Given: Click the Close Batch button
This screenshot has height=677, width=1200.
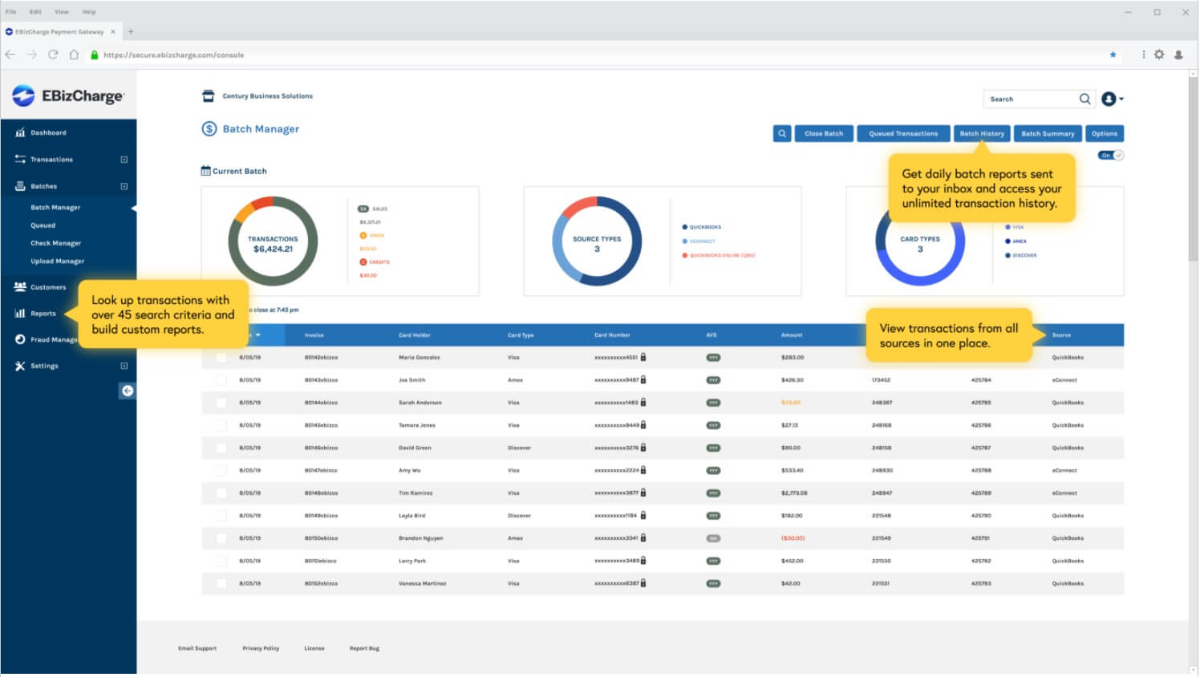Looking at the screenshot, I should (824, 134).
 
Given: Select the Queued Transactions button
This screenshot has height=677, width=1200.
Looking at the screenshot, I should (903, 134).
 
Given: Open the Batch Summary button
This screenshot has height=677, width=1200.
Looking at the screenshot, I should (1048, 134).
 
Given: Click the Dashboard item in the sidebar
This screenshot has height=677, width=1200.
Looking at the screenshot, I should (48, 133).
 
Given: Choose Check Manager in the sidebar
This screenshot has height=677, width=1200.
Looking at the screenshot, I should (55, 243).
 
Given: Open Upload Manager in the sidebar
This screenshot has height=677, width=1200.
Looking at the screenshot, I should (57, 261).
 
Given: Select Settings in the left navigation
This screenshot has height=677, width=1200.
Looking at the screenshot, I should (44, 366).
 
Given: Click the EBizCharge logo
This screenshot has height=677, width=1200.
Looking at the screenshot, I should (68, 96).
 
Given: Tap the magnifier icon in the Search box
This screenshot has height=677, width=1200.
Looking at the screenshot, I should (1084, 99).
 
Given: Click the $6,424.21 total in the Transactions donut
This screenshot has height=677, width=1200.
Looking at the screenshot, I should (273, 249).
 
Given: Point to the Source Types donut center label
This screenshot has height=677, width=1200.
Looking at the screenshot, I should (597, 244).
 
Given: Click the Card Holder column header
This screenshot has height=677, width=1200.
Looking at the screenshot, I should (415, 335).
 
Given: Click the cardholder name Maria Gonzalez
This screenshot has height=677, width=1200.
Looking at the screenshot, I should (419, 358).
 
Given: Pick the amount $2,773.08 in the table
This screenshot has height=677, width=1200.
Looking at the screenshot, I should (794, 493).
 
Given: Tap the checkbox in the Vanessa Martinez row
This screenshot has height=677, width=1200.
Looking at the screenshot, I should (221, 584).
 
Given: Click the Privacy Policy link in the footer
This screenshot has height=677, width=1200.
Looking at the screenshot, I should (261, 648).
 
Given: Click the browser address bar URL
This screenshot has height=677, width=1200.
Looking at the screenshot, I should (173, 55).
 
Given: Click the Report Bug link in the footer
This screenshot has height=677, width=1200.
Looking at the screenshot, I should (364, 648).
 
